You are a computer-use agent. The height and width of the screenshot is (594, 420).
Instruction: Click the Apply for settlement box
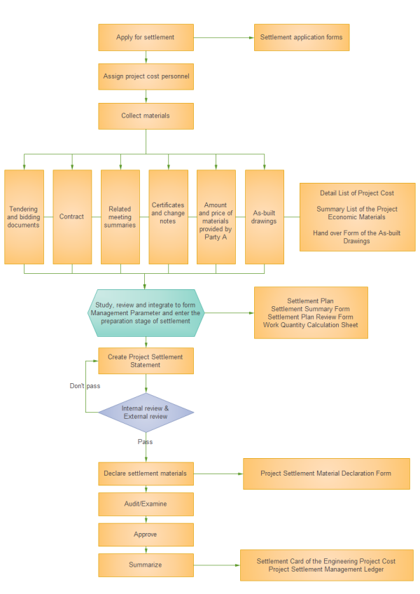pos(146,37)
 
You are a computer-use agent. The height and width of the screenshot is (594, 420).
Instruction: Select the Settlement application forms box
pos(301,37)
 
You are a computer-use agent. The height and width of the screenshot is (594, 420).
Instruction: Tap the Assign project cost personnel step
pos(146,76)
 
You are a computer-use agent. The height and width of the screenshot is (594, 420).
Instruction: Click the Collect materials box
pos(146,116)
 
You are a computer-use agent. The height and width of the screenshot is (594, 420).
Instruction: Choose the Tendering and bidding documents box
pos(24,216)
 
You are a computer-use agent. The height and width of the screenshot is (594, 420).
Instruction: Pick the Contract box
pos(72,216)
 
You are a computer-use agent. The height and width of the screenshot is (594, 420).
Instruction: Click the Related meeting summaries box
pos(120,216)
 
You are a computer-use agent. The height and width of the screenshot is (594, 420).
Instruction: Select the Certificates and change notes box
pos(168,216)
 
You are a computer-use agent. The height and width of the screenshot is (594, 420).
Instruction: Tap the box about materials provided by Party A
pos(216,216)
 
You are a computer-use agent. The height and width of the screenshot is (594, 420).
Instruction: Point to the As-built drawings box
pos(265,216)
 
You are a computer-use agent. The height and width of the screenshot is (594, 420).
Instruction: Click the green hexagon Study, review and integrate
pos(146,312)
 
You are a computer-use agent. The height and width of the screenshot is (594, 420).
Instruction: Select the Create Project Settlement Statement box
pos(146,361)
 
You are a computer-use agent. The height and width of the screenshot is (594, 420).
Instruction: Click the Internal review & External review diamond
pos(146,412)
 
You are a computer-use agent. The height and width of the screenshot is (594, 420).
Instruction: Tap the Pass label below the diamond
pos(145,442)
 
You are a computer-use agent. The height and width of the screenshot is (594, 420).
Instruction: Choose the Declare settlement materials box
pos(146,474)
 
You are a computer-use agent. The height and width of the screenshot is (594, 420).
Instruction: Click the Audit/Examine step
pos(146,503)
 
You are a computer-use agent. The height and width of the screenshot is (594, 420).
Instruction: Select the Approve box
pos(146,534)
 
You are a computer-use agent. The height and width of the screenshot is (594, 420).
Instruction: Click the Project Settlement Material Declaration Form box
pos(325,474)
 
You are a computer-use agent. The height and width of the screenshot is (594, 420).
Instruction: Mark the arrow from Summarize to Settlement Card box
pos(216,565)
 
